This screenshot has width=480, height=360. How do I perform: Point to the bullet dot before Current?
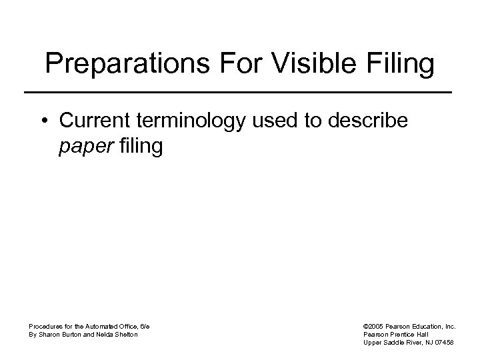[44, 123]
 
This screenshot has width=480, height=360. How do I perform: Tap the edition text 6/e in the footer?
[145, 326]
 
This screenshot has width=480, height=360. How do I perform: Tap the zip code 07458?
[443, 342]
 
